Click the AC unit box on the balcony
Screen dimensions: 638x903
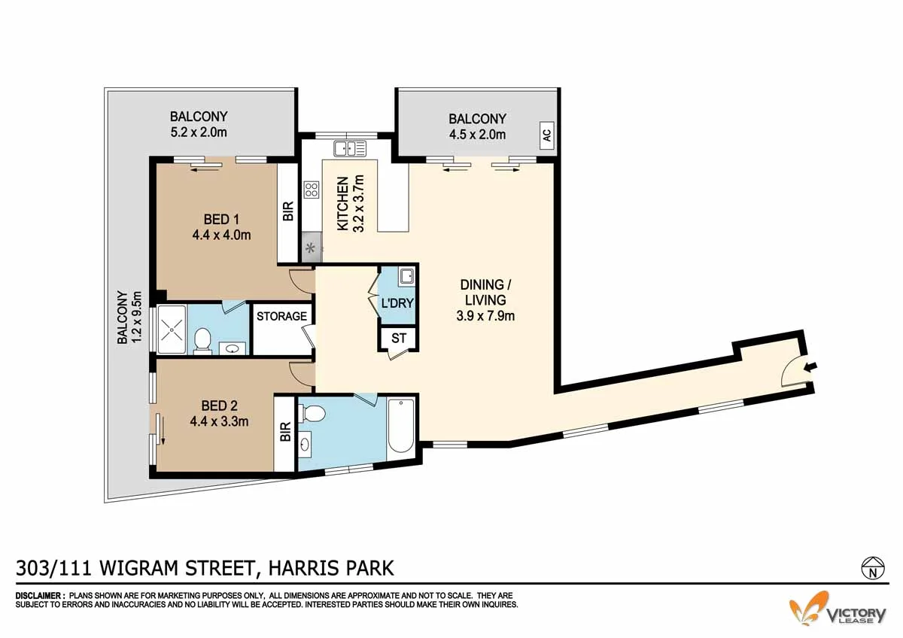547,135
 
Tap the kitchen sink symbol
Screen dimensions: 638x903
351,148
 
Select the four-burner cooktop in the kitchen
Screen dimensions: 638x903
312,189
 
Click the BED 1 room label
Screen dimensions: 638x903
221,220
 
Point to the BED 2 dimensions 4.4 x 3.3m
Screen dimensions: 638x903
219,421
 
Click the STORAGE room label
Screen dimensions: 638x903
281,316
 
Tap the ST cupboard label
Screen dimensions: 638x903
399,339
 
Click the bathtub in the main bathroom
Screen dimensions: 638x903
400,426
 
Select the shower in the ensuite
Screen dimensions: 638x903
174,329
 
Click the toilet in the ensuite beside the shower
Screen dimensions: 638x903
202,340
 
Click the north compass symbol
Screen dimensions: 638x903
871,567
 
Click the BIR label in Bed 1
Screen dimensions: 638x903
287,213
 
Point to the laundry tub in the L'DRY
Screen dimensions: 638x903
406,277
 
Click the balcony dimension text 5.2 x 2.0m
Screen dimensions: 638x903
199,132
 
